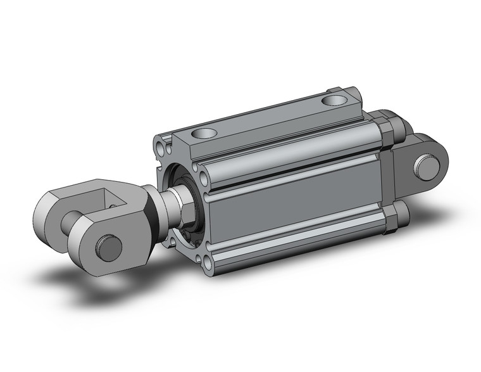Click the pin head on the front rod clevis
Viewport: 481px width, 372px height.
click(108, 247)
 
